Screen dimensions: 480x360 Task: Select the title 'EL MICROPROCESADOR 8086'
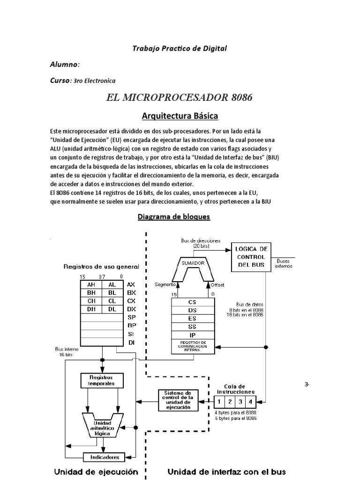(180, 97)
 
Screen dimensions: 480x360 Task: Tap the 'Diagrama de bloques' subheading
(173, 217)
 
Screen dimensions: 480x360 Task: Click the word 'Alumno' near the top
(64, 64)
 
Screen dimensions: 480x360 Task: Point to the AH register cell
(91, 285)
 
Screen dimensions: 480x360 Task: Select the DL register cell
(112, 309)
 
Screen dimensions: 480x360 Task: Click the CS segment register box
(192, 302)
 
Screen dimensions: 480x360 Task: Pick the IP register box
(192, 335)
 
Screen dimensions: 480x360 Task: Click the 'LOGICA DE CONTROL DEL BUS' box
(251, 257)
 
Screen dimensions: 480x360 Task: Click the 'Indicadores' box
(105, 457)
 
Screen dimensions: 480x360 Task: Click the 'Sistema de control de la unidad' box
(174, 400)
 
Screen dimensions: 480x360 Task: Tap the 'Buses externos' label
(284, 263)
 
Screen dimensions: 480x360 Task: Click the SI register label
(131, 334)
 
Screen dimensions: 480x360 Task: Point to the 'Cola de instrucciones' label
(236, 389)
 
